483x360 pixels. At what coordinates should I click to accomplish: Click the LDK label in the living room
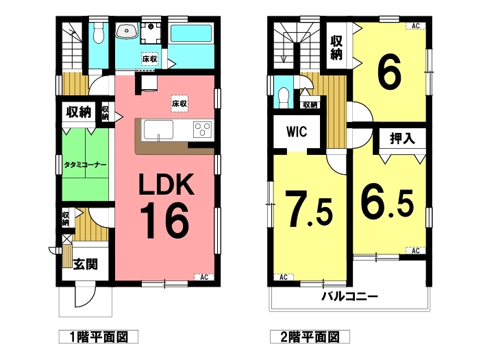(166, 184)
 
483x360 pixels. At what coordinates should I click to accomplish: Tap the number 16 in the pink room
(164, 221)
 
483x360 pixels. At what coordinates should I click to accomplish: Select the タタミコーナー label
(85, 165)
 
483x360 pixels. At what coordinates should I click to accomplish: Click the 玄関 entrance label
(86, 264)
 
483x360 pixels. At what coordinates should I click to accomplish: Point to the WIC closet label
(297, 132)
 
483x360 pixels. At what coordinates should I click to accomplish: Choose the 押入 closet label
(402, 139)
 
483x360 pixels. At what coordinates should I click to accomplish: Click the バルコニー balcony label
(349, 297)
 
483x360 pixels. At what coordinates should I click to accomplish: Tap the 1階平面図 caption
(99, 337)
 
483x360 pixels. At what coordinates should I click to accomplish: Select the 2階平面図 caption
(310, 337)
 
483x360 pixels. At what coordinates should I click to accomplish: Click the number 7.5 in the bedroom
(309, 208)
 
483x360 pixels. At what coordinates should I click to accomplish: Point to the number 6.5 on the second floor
(387, 204)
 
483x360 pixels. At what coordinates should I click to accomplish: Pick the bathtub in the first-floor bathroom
(190, 34)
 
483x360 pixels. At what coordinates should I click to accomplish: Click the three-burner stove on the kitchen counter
(203, 129)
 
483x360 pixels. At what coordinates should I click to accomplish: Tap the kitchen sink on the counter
(158, 130)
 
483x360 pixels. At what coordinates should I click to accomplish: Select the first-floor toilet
(98, 34)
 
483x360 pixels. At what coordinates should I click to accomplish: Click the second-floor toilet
(284, 97)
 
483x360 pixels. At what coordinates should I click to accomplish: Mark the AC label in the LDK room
(204, 278)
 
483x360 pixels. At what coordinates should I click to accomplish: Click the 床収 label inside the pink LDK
(179, 104)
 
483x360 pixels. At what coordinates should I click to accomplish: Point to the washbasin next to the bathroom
(127, 31)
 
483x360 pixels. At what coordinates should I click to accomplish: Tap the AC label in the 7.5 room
(284, 278)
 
